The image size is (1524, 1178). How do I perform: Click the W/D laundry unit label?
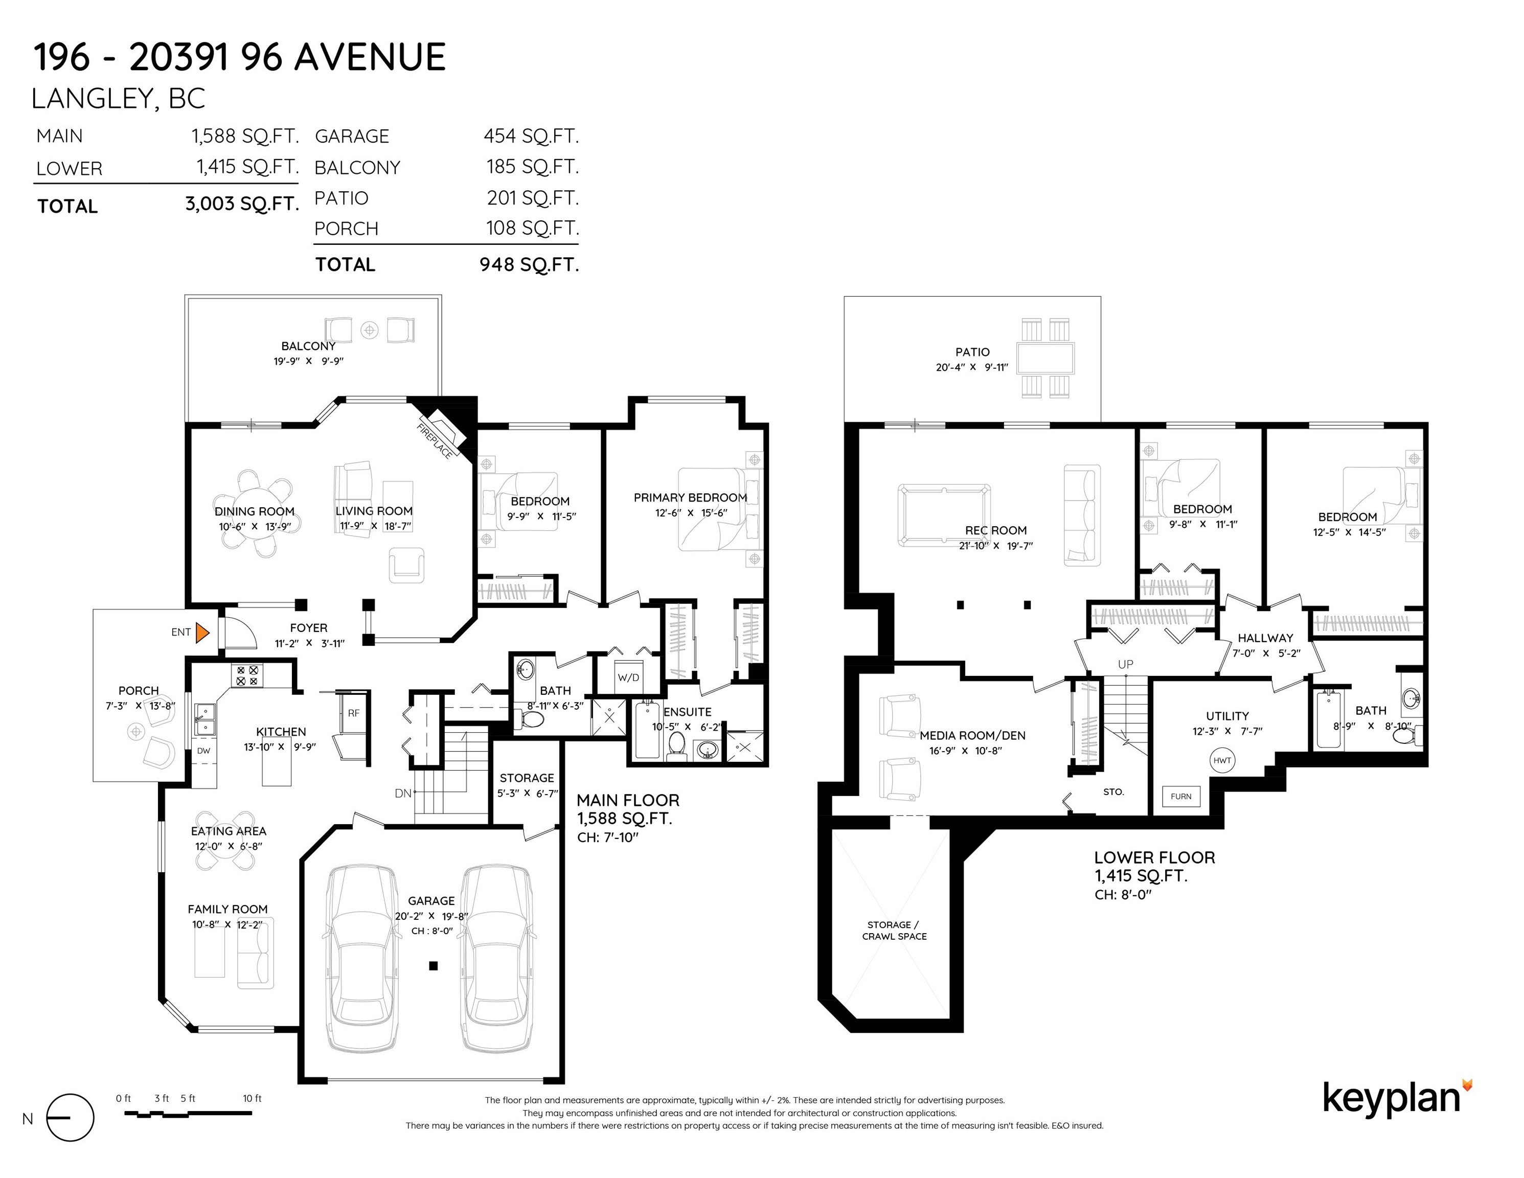(x=628, y=677)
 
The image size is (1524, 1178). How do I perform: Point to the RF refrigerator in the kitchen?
(x=354, y=713)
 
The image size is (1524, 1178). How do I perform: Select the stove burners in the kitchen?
(x=247, y=675)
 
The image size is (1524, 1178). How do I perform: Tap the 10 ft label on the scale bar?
(x=252, y=1098)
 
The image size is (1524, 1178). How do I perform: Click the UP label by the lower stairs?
(x=1126, y=664)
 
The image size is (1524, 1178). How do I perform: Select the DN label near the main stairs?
(x=403, y=794)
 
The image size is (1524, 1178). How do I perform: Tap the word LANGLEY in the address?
(x=89, y=99)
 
